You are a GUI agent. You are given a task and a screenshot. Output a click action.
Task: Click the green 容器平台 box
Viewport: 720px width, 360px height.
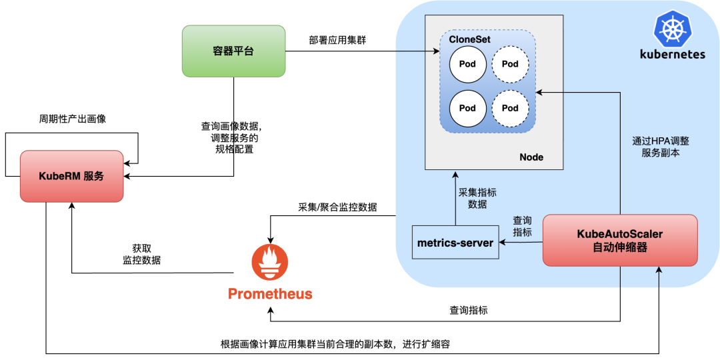coord(233,51)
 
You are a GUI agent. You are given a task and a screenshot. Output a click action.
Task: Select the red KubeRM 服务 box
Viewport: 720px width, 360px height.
coord(71,176)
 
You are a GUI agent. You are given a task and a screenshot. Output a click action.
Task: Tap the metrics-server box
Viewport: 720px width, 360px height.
coord(455,243)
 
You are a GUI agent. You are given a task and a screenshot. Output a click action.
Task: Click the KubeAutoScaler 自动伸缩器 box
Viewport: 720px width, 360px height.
coord(620,241)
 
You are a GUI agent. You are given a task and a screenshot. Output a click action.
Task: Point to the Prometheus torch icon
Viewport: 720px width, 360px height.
coord(270,262)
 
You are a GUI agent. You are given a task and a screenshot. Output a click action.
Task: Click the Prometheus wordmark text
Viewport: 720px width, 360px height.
coord(270,294)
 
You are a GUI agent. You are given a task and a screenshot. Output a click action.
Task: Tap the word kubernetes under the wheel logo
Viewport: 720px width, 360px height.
coord(672,54)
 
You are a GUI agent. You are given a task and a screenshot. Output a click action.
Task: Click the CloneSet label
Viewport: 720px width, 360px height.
coord(469,40)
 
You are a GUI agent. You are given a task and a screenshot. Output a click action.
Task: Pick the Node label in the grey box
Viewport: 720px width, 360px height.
coord(531,157)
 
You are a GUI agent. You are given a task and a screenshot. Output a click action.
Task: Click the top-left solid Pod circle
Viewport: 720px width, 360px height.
coord(467,65)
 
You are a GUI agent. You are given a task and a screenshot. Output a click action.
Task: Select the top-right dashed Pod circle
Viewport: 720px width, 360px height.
coord(510,65)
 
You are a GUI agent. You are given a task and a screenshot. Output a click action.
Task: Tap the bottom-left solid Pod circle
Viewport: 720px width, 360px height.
coord(467,108)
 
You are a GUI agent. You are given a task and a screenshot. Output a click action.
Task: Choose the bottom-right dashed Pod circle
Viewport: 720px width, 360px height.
coord(510,108)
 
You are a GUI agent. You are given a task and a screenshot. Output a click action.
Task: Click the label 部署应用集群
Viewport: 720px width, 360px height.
coord(337,40)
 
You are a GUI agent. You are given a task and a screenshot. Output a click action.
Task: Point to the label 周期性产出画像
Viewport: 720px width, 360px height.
coord(72,119)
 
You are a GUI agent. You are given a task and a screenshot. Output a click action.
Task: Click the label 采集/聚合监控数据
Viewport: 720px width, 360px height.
coord(337,207)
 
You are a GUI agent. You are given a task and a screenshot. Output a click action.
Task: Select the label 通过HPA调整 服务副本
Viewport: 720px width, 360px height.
coord(661,147)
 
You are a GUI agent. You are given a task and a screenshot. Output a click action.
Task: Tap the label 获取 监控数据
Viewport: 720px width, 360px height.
coord(141,254)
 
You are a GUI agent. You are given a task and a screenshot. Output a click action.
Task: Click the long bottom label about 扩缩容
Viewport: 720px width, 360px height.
coord(340,344)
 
